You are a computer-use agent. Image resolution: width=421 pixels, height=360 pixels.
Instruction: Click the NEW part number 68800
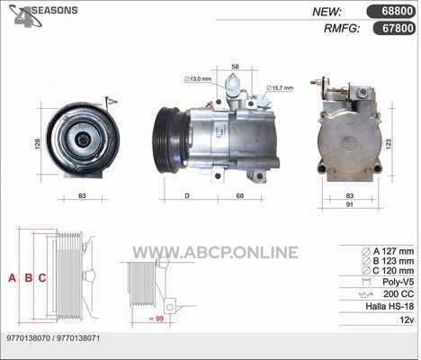click(398, 12)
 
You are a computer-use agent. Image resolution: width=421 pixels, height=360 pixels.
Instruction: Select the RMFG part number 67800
click(398, 28)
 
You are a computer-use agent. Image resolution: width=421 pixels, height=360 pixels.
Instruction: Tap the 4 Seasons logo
click(43, 15)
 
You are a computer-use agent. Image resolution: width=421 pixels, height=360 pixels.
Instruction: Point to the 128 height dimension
click(38, 144)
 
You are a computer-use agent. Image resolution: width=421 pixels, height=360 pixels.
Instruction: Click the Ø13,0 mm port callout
click(198, 79)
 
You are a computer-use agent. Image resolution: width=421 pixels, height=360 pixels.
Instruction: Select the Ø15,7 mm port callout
click(280, 88)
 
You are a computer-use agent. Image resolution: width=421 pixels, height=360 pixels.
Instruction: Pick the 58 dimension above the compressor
click(236, 67)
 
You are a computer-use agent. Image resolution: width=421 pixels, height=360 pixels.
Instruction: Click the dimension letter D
click(187, 196)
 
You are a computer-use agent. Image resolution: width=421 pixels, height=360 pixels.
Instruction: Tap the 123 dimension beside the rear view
click(389, 144)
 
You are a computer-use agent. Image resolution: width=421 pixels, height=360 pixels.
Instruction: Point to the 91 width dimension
click(350, 204)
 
